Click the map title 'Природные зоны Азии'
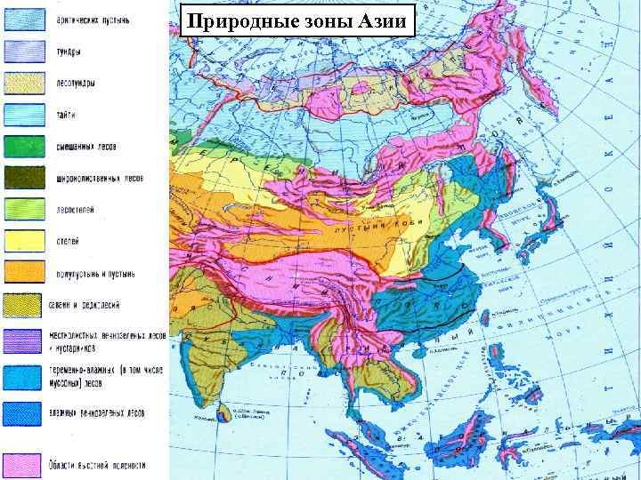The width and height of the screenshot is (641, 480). click(x=297, y=20)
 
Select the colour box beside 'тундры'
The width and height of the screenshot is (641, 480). click(x=22, y=50)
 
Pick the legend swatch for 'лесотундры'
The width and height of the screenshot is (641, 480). click(x=22, y=83)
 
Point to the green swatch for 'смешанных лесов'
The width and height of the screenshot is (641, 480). click(x=22, y=147)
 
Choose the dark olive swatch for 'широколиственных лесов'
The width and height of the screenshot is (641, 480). click(x=22, y=178)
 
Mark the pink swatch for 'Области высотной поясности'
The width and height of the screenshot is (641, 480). click(x=22, y=464)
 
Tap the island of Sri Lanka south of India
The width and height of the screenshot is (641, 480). click(x=226, y=412)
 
